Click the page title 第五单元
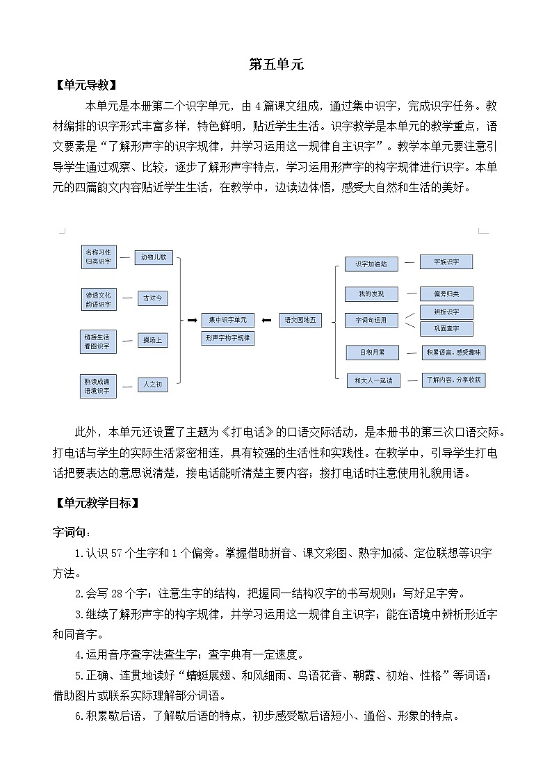click(276, 65)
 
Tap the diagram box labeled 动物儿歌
click(153, 257)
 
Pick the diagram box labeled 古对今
click(153, 298)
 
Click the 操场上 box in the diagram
click(153, 340)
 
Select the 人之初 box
click(153, 384)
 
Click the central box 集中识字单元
click(227, 320)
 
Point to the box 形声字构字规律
click(227, 337)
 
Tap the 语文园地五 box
click(301, 320)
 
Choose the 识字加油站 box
click(371, 264)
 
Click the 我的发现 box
click(371, 293)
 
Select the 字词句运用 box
click(371, 321)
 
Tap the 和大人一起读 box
click(373, 380)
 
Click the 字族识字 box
click(448, 261)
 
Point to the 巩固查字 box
click(448, 328)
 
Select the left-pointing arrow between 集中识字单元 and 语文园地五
click(266, 320)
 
